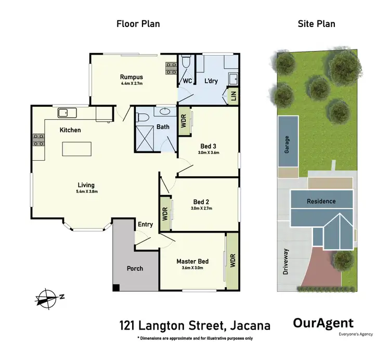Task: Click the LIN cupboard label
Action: tap(233, 96)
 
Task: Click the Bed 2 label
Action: tap(201, 201)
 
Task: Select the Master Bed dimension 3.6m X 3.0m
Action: tap(193, 268)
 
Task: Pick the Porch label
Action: tap(135, 268)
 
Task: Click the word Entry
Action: tap(145, 225)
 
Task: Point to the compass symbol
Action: tap(48, 297)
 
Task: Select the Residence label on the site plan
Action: tap(321, 201)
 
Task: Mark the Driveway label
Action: tap(285, 262)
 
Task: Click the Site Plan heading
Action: tap(316, 23)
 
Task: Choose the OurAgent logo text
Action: tap(323, 323)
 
